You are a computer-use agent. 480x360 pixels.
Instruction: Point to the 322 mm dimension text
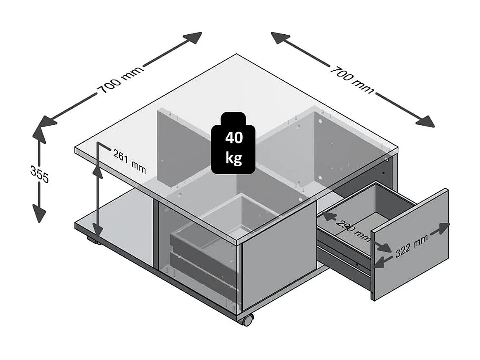click(411, 246)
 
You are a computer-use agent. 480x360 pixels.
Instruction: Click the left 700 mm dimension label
click(120, 80)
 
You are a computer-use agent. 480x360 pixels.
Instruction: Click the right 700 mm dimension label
click(352, 79)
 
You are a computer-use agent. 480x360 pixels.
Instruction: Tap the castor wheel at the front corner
click(247, 320)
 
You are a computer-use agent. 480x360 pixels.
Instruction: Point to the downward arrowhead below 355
click(39, 214)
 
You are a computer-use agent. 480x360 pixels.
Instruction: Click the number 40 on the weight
click(233, 138)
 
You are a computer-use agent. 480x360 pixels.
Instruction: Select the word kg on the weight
click(233, 158)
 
